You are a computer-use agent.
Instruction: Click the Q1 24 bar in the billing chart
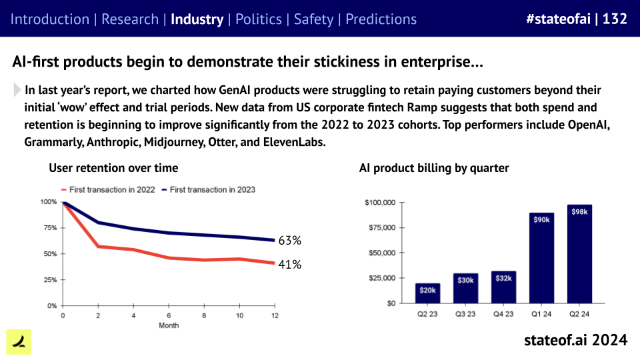[x=541, y=257]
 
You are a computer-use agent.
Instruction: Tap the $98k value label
[x=579, y=212]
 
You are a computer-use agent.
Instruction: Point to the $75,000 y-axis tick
[x=381, y=227]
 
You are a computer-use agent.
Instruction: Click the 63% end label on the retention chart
[x=290, y=240]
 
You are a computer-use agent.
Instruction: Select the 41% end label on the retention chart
[x=290, y=265]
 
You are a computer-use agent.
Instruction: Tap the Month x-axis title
[x=168, y=325]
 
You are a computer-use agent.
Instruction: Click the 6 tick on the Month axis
[x=168, y=315]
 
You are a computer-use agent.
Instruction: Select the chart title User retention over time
[x=113, y=168]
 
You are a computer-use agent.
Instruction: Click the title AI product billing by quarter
[x=434, y=168]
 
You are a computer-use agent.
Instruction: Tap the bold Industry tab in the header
[x=197, y=19]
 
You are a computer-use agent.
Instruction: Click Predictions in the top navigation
[x=381, y=19]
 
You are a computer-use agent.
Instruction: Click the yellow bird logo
[x=19, y=341]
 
